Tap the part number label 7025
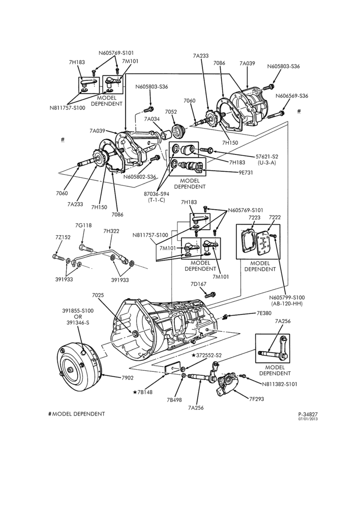[x=98, y=295]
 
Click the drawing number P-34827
[x=308, y=414]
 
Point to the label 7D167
[x=198, y=284]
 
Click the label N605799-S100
[x=286, y=297]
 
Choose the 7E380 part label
[x=264, y=313]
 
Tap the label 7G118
[x=82, y=225]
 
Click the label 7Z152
[x=63, y=237]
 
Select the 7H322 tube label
[x=111, y=231]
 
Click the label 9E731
[x=246, y=173]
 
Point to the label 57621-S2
[x=266, y=156]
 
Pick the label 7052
[x=171, y=112]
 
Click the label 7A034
[x=152, y=119]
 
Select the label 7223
[x=255, y=217]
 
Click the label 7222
[x=275, y=217]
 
